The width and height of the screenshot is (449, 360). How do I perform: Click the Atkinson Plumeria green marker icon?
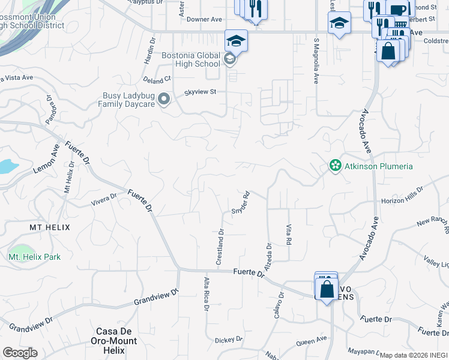(x=335, y=166)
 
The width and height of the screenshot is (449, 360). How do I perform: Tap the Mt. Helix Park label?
(x=35, y=257)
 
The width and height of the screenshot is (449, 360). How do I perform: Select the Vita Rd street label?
(x=289, y=235)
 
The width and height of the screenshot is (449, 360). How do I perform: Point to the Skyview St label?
(x=200, y=92)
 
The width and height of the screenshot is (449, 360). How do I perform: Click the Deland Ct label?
(x=157, y=79)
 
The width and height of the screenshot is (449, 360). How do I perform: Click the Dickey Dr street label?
(x=229, y=340)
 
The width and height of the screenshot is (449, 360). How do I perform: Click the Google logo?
(x=20, y=353)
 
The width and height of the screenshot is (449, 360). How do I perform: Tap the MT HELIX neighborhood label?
(x=50, y=227)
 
